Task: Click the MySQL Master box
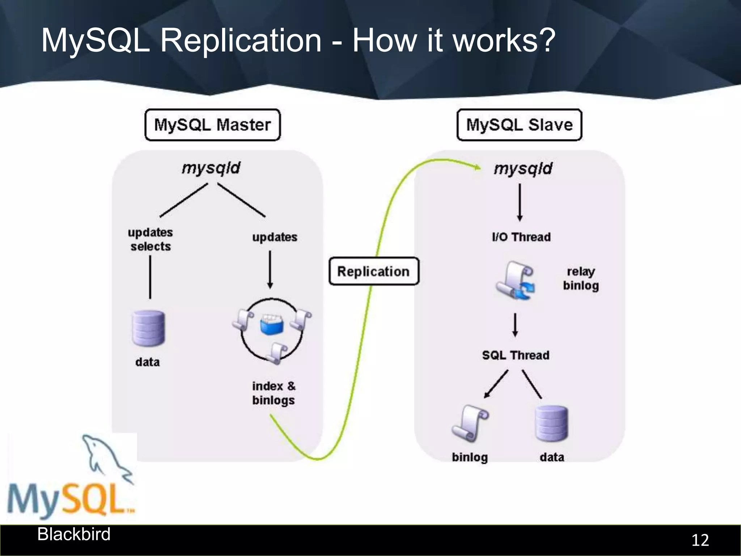tap(212, 125)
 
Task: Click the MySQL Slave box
tap(519, 125)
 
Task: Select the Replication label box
tap(374, 271)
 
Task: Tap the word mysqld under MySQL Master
tap(211, 168)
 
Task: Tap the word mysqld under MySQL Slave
tap(523, 169)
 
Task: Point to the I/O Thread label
tap(521, 237)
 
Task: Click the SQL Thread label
tap(516, 355)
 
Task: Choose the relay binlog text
tap(581, 279)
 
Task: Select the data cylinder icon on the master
tap(148, 328)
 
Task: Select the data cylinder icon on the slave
tap(551, 424)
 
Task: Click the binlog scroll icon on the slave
tap(470, 424)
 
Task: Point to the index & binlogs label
tap(274, 393)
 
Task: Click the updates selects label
tap(150, 239)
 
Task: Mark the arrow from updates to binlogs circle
tap(270, 270)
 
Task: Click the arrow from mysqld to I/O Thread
tap(520, 203)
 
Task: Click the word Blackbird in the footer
tap(74, 534)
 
